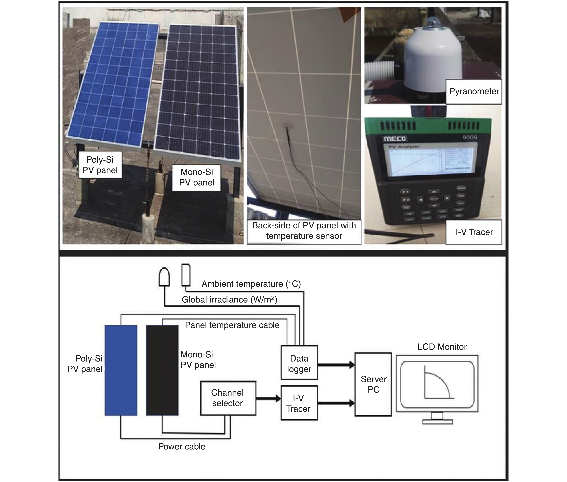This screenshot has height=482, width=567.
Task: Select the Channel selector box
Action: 228,398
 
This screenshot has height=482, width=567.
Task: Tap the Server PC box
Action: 373,384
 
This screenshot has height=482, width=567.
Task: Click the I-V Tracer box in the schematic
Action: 299,403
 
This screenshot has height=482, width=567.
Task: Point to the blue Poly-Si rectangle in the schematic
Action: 121,370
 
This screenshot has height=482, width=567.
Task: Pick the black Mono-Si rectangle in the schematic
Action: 162,370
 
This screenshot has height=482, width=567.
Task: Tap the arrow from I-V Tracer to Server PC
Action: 336,403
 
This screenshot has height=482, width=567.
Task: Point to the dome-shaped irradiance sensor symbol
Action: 164,277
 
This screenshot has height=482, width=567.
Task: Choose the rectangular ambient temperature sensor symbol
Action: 186,275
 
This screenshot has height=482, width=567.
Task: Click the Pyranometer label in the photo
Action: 474,91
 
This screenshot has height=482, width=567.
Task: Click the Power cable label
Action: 182,447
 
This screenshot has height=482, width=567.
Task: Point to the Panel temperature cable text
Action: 232,325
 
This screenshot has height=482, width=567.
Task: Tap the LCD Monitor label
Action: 442,347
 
